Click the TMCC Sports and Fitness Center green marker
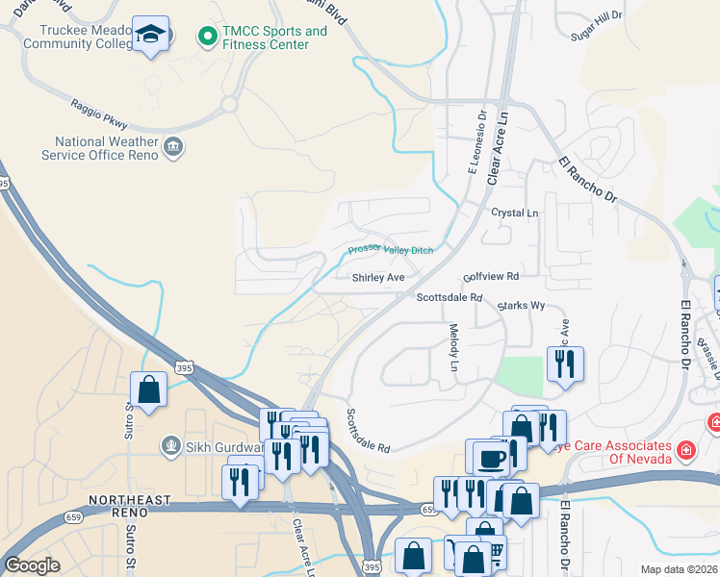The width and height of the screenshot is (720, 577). (206, 38)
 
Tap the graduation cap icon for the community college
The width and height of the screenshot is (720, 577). (150, 35)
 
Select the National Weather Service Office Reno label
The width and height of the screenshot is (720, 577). (99, 148)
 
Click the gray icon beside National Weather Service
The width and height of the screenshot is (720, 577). (173, 147)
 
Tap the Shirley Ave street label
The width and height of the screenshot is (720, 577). (378, 278)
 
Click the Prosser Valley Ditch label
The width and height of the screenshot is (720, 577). (390, 251)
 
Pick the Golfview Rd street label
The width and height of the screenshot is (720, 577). (491, 276)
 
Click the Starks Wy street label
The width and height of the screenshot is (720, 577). (521, 306)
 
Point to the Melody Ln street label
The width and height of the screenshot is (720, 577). (454, 348)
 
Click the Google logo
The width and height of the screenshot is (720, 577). (32, 565)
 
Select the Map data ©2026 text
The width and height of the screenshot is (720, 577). (679, 569)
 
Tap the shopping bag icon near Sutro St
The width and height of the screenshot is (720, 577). (149, 390)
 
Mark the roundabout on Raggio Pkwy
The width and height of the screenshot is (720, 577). (229, 104)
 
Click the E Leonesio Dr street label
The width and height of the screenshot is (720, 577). (476, 143)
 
